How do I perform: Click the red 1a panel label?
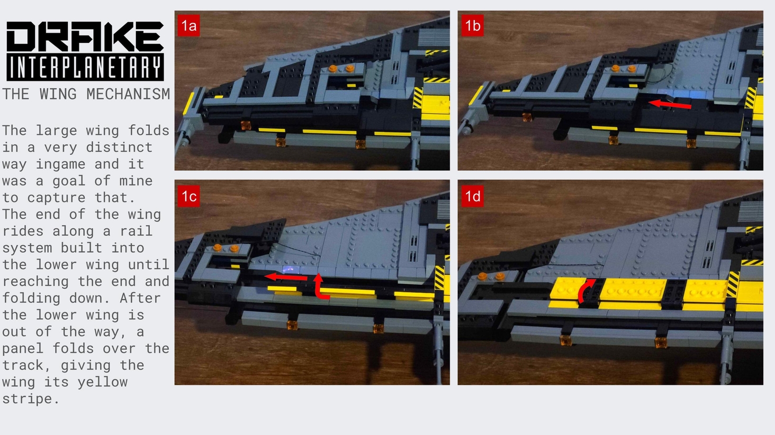pos(188,25)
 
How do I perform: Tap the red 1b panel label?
pos(472,25)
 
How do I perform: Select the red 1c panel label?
pos(188,196)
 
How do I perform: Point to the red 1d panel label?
pos(472,196)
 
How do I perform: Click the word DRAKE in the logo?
pos(85,36)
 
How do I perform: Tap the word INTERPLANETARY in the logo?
pos(85,67)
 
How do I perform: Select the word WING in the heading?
pos(58,94)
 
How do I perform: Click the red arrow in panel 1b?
pos(670,104)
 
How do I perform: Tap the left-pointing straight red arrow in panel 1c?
pos(285,277)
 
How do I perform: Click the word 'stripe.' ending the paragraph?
pos(31,399)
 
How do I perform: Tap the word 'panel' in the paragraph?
pos(23,348)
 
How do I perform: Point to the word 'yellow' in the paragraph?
pos(102,382)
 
